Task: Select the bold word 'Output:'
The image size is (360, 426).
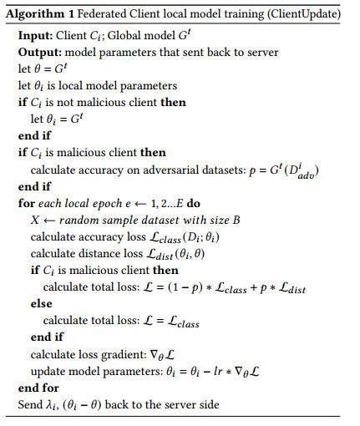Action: point(39,53)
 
